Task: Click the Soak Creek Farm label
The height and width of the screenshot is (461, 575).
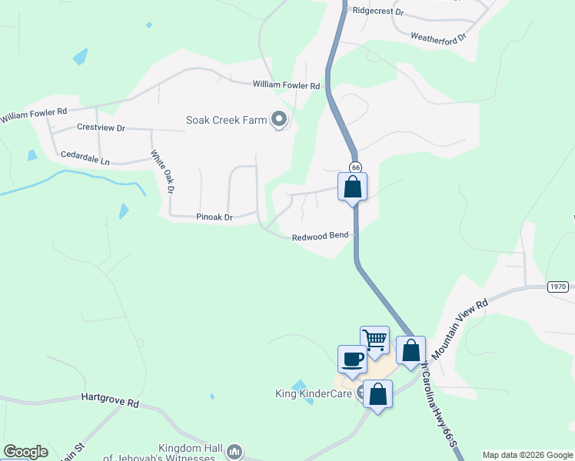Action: coord(226,120)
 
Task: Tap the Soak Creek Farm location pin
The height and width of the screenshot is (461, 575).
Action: coord(279,119)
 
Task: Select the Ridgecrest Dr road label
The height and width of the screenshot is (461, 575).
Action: coord(377,12)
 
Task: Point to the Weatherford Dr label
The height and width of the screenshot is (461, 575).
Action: coord(438,36)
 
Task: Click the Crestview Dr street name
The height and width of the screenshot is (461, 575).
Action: coord(101,128)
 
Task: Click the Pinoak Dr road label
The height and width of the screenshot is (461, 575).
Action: coord(214,218)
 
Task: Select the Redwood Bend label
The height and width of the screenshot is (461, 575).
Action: coord(321,237)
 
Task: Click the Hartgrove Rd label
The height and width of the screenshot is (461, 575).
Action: coord(110,401)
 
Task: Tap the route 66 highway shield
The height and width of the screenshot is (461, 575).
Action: coord(355,167)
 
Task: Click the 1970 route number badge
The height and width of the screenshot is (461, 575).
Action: coord(559,287)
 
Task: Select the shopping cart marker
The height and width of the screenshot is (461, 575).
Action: coord(374,339)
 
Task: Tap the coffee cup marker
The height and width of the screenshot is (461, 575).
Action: coord(352,358)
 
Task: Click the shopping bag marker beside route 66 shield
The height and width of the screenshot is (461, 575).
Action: coord(352,186)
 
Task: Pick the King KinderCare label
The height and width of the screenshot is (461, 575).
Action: coord(314,394)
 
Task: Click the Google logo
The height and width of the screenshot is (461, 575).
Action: coord(25,452)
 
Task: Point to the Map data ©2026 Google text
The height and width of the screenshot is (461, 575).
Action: coord(527,455)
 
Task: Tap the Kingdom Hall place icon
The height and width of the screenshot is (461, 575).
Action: coord(236,451)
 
